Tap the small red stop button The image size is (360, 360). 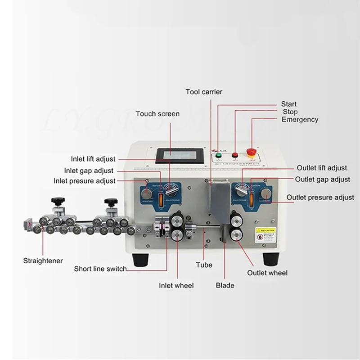(234, 156)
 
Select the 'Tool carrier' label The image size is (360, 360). (204, 92)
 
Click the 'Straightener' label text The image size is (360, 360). (43, 261)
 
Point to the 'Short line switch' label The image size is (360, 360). (100, 269)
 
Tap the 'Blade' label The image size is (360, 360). (225, 285)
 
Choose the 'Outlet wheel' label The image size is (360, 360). (267, 273)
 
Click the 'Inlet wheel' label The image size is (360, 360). (176, 285)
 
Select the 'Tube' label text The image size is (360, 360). (204, 265)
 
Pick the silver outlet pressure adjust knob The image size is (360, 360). (267, 194)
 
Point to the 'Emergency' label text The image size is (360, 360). (300, 120)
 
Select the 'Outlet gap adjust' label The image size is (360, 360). (322, 179)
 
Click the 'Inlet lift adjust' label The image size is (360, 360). (93, 159)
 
